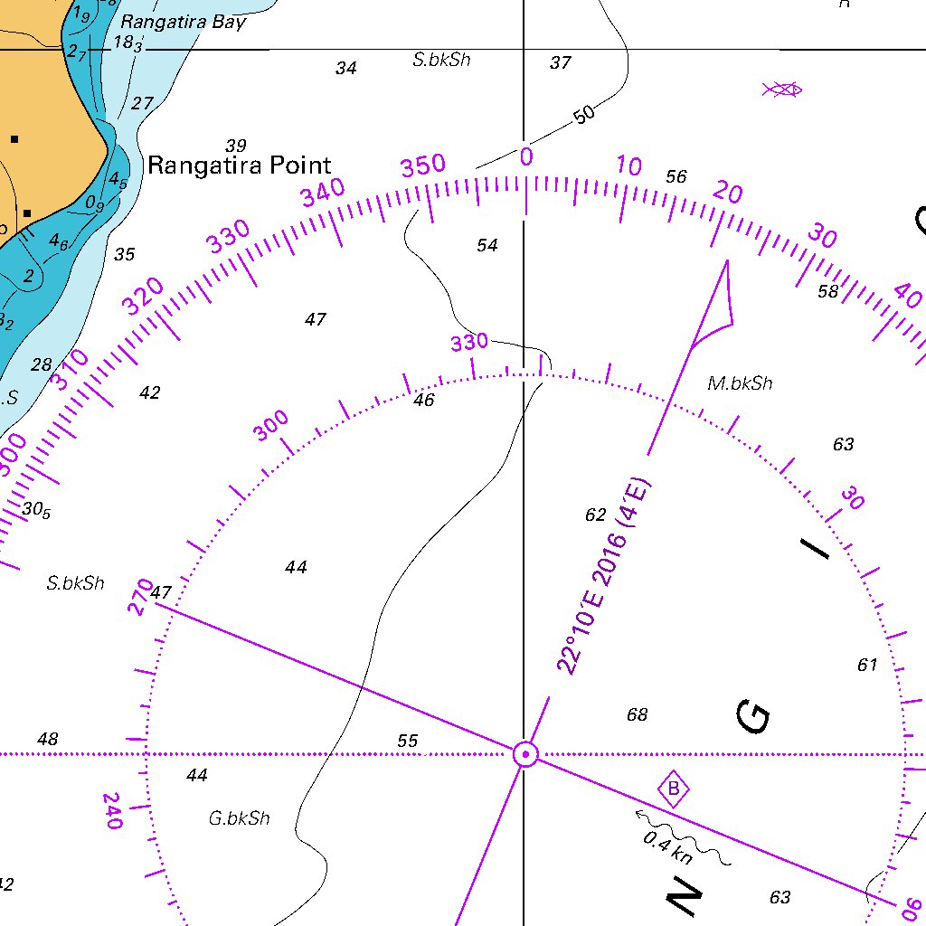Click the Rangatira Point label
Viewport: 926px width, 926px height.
pyautogui.click(x=240, y=165)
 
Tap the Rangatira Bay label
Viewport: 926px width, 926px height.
pyautogui.click(x=184, y=22)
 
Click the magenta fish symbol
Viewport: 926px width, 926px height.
pyautogui.click(x=782, y=89)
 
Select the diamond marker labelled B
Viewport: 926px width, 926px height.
pyautogui.click(x=673, y=790)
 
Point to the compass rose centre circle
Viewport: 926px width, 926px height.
pyautogui.click(x=525, y=753)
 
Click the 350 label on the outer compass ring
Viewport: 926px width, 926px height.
pyautogui.click(x=423, y=166)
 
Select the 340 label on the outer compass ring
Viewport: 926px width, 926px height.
pyautogui.click(x=324, y=193)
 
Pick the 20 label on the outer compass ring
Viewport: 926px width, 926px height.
pyautogui.click(x=728, y=193)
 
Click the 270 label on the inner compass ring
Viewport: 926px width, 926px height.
pyautogui.click(x=141, y=598)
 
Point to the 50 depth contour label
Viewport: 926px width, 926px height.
pyautogui.click(x=584, y=115)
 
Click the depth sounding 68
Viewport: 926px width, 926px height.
pyautogui.click(x=637, y=715)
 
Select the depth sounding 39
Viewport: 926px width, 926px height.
pyautogui.click(x=236, y=146)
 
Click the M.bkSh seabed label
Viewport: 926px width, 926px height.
pyautogui.click(x=740, y=383)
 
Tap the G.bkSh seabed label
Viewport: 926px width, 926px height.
pyautogui.click(x=239, y=818)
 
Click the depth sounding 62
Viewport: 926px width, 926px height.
pyautogui.click(x=595, y=515)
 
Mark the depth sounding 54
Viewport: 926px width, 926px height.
pyautogui.click(x=487, y=245)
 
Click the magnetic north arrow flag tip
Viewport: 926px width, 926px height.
pyautogui.click(x=726, y=262)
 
